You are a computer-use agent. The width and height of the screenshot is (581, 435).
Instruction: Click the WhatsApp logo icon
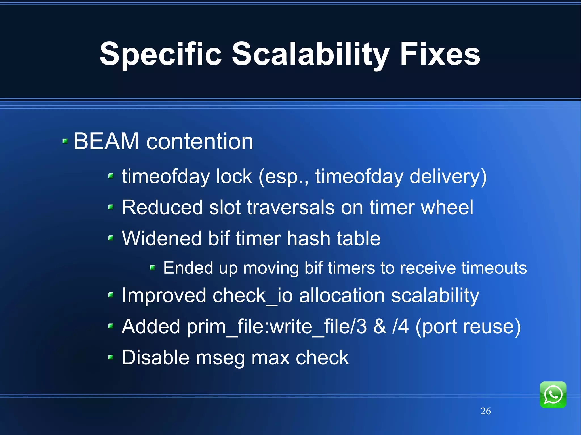553,394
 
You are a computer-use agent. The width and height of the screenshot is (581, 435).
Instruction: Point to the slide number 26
485,411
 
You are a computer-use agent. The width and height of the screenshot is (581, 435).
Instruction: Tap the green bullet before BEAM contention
65,141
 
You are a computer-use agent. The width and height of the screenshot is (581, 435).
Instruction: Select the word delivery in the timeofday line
448,177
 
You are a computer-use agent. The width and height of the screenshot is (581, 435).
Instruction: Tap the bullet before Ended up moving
152,267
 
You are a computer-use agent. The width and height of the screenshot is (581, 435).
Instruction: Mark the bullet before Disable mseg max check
111,357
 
